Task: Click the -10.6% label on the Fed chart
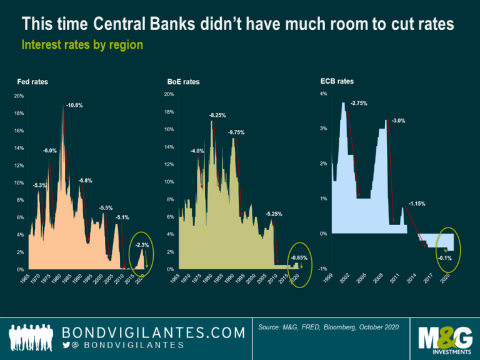(74, 105)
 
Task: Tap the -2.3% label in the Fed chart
(142, 245)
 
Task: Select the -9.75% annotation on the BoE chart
(236, 132)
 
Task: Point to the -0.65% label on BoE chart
(299, 257)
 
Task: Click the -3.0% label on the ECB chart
(398, 121)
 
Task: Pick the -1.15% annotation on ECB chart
(417, 204)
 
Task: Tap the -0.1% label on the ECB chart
(444, 258)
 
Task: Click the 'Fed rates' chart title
(32, 82)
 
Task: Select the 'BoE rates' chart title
(183, 82)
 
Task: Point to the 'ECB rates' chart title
(337, 81)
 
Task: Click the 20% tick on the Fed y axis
(19, 96)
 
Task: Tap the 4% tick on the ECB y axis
(324, 94)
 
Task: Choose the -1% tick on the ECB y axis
(322, 269)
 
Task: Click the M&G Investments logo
(445, 340)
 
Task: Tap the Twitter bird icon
(66, 345)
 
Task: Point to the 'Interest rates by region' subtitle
(82, 45)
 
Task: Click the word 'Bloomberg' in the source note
(339, 327)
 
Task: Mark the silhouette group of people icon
(31, 337)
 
